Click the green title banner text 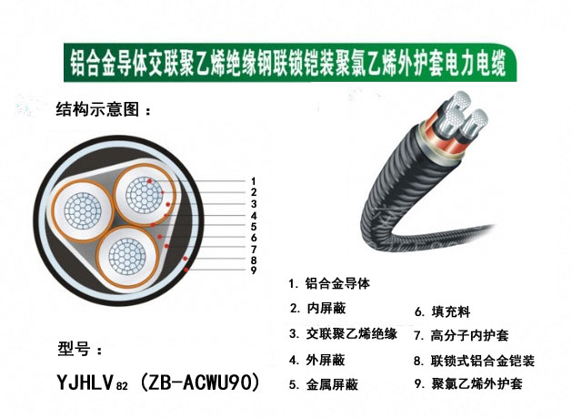click(288, 63)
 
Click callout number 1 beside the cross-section click(254, 181)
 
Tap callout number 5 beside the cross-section click(254, 227)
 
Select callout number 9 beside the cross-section click(254, 270)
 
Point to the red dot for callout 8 click(186, 259)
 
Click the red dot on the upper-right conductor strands click(149, 180)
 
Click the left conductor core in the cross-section click(83, 211)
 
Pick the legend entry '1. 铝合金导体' click(329, 283)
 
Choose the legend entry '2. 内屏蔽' click(317, 309)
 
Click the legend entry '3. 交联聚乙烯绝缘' click(343, 333)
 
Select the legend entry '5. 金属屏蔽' click(324, 384)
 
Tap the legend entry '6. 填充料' click(443, 311)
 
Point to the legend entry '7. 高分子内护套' click(461, 335)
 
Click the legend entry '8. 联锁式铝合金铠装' click(474, 361)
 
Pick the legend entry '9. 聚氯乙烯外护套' click(468, 383)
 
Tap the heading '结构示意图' click(97, 109)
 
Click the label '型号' click(74, 349)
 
